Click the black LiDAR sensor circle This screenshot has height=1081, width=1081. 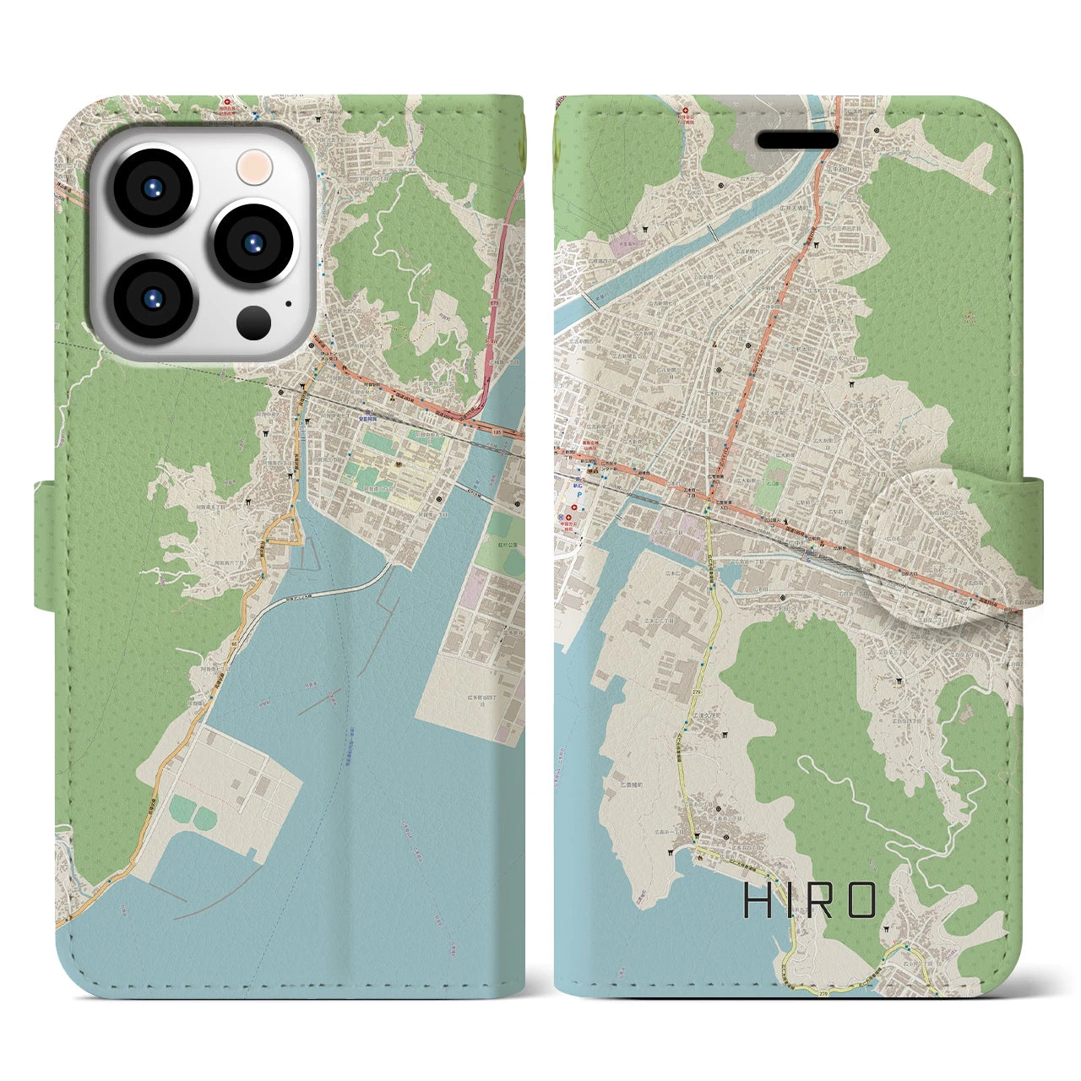click(253, 322)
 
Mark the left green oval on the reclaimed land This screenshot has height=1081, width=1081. click(181, 812)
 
